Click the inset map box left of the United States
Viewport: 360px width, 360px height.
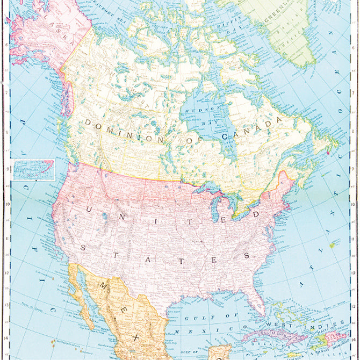33,170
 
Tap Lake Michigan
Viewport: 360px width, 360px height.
217,211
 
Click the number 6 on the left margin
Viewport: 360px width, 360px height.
6,46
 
